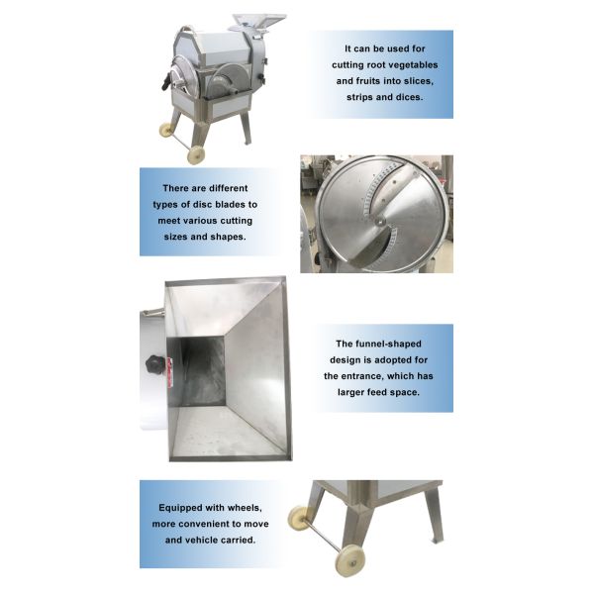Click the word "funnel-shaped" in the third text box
coord(381,343)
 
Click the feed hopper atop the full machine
coord(256,20)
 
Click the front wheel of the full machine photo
coord(196,154)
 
